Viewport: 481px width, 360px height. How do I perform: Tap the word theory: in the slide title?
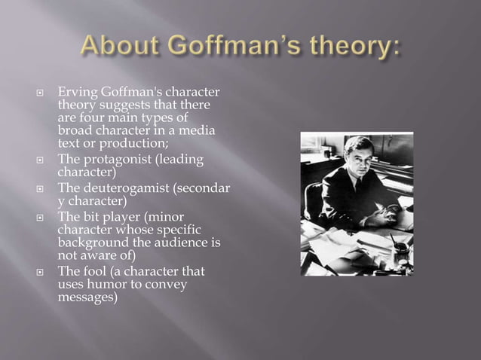(355, 50)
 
